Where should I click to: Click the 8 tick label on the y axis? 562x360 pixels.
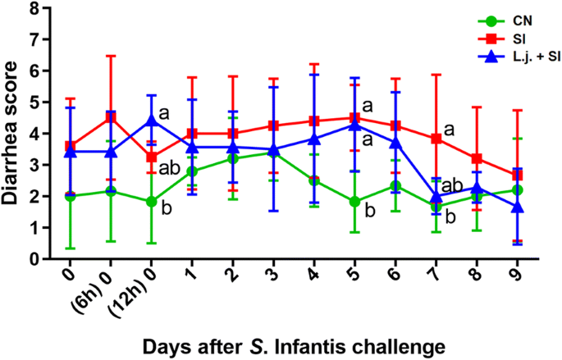point(32,8)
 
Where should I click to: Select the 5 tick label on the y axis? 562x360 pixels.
point(32,103)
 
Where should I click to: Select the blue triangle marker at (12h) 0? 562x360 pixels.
point(150,121)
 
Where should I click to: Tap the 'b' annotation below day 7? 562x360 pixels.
point(450,217)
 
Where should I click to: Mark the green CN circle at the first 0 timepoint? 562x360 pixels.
point(71,196)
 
